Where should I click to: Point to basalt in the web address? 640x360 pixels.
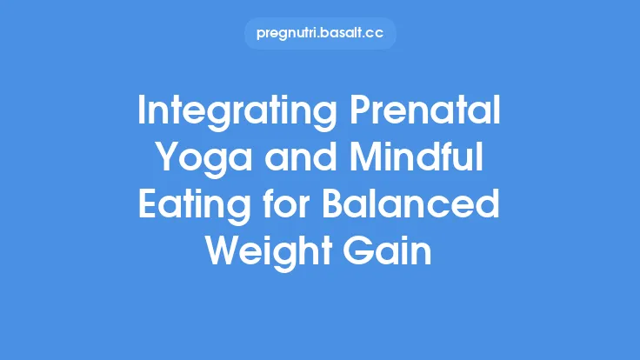343,34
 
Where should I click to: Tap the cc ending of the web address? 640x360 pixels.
376,34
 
